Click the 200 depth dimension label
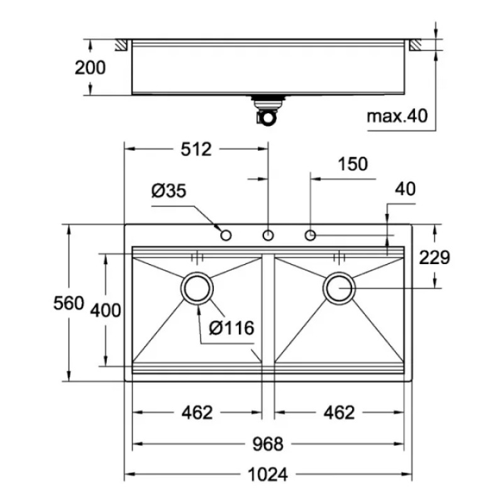click(x=91, y=67)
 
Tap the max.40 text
click(x=397, y=116)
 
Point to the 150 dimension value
click(x=352, y=164)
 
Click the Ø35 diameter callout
click(x=169, y=191)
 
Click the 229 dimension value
click(x=434, y=257)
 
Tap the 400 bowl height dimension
click(x=105, y=309)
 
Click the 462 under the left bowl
click(x=197, y=412)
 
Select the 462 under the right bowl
click(x=339, y=412)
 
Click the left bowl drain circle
click(x=197, y=288)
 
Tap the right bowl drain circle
click(x=339, y=288)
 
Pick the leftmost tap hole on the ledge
click(x=226, y=235)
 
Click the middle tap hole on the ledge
click(x=268, y=235)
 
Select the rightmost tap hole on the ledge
click(x=310, y=235)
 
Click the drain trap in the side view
click(x=267, y=111)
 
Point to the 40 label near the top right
click(x=406, y=189)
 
